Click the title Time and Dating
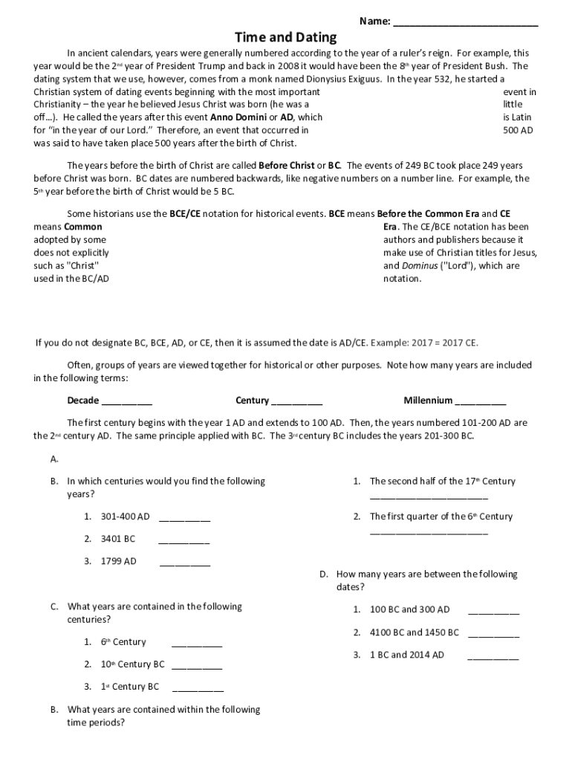pyautogui.click(x=286, y=37)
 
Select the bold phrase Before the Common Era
pyautogui.click(x=416, y=213)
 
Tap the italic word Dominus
pyautogui.click(x=402, y=266)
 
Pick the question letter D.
pyautogui.click(x=324, y=574)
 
